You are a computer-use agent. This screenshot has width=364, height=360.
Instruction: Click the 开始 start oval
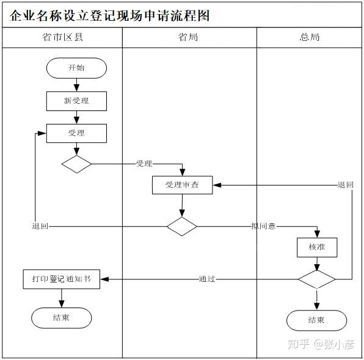(x=76, y=68)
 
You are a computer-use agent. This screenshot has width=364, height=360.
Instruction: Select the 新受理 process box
(x=76, y=101)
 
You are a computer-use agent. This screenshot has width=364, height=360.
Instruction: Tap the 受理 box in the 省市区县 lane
(x=76, y=133)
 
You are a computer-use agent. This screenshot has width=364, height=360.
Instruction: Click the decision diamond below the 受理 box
(x=76, y=164)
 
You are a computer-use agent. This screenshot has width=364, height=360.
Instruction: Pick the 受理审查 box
(x=182, y=185)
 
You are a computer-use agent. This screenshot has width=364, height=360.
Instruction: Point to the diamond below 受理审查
(x=182, y=226)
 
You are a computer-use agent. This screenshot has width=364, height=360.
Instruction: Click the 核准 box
(x=316, y=247)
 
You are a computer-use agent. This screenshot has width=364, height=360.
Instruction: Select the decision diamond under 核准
(x=316, y=279)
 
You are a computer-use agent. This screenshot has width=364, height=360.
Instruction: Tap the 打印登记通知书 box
(x=61, y=279)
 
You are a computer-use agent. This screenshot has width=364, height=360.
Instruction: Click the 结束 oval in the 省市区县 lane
(x=61, y=318)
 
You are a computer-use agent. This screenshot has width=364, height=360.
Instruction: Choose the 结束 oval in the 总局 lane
(x=316, y=320)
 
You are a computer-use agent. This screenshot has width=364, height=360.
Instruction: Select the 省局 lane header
(x=188, y=37)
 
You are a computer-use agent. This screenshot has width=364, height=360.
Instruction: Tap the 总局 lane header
(x=310, y=37)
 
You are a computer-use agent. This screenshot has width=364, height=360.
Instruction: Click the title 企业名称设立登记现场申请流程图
(x=110, y=15)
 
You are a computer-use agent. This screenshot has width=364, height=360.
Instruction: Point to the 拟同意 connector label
(x=263, y=226)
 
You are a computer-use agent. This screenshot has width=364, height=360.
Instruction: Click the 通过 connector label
(x=206, y=279)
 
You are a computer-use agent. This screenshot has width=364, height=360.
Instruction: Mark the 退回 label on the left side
(x=40, y=226)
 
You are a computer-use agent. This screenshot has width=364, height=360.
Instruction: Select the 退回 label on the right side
(x=346, y=185)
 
